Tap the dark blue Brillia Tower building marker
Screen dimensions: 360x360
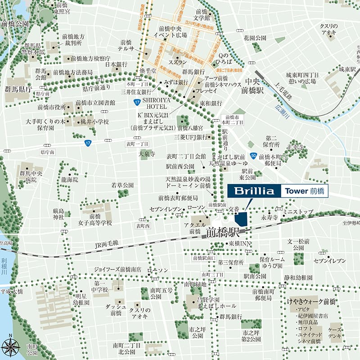pos(241,219)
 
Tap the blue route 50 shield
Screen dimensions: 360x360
pos(254,156)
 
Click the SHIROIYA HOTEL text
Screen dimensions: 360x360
pos(157,104)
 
